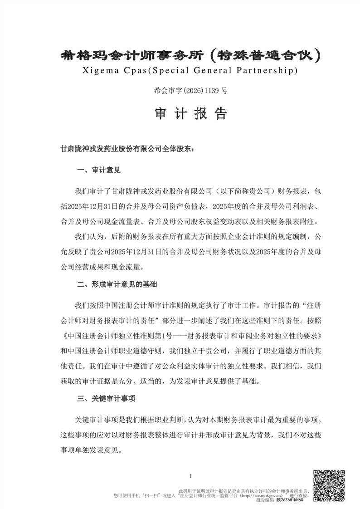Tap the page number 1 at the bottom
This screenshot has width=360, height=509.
tap(191, 476)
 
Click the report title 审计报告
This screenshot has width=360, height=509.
tap(191, 114)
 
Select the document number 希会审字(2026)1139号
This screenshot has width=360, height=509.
tap(191, 90)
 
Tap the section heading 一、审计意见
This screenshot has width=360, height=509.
tap(99, 171)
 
